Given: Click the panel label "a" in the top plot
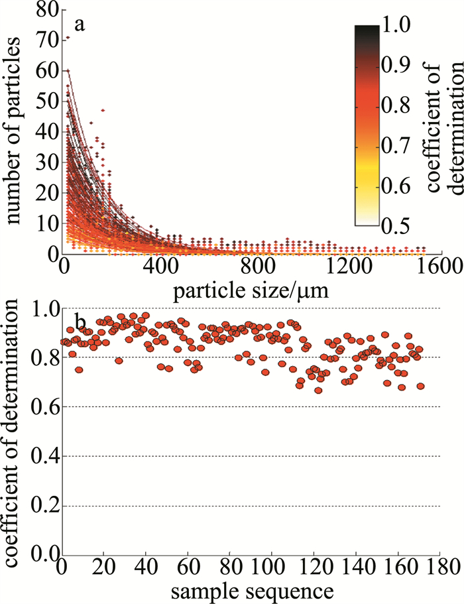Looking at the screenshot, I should coord(79,26).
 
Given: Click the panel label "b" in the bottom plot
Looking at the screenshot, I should coord(80,323).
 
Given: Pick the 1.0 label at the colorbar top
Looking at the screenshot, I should coord(401,25).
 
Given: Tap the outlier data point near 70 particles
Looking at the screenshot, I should coord(68,38).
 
